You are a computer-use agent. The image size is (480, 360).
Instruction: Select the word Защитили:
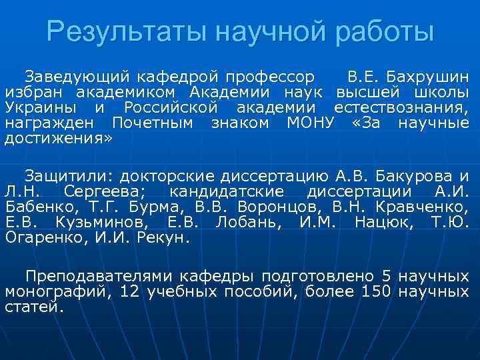[x=71, y=176]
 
